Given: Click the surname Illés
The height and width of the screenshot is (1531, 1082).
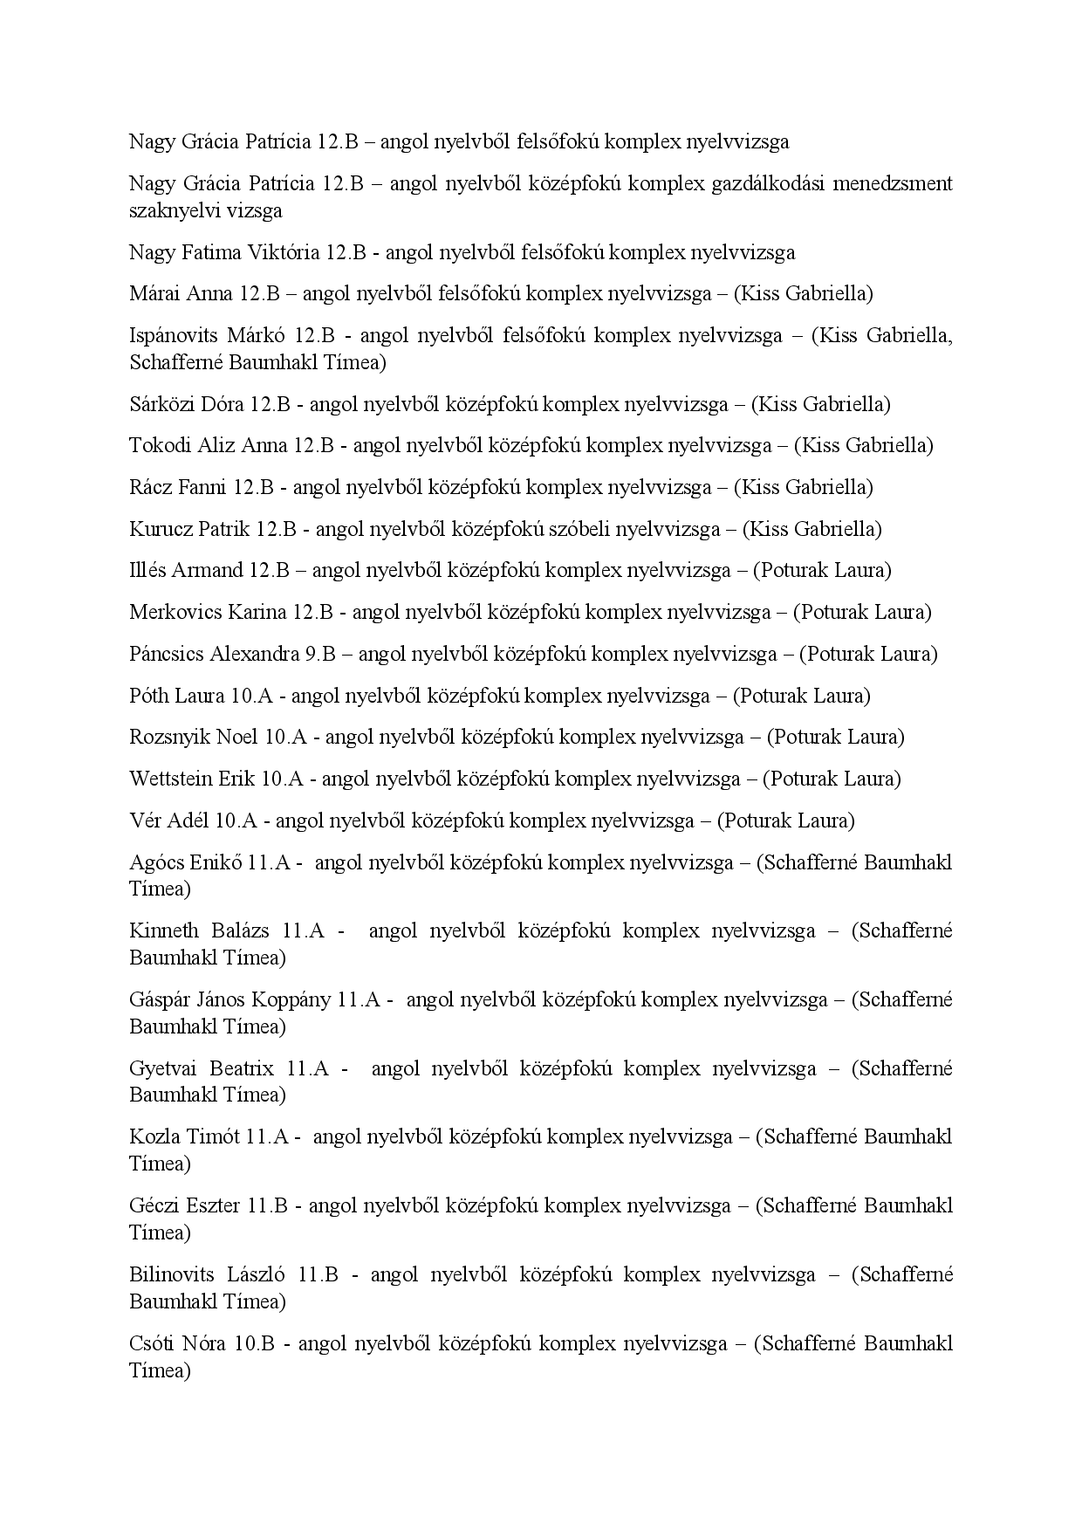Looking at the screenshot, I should [147, 571].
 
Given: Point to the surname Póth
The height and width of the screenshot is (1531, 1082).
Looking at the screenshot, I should [149, 697].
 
